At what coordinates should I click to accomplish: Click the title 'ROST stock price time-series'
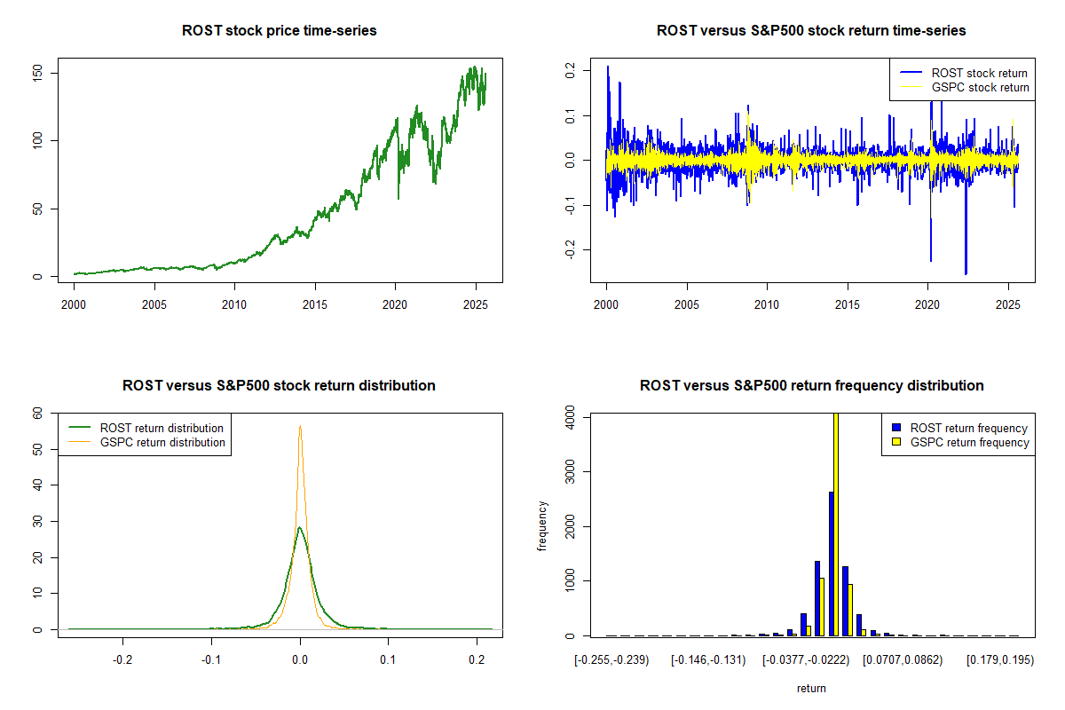pos(279,31)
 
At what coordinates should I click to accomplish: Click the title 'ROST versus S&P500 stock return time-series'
pos(811,31)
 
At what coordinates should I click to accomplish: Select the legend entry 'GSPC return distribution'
pos(162,442)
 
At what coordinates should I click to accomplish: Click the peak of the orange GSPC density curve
pos(300,426)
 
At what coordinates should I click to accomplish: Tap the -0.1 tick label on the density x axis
pos(211,660)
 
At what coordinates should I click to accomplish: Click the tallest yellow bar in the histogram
pos(835,524)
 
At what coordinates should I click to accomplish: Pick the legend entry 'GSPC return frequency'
pos(969,442)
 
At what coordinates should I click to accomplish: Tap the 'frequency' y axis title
pos(542,526)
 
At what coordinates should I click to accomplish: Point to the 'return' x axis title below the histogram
pos(811,688)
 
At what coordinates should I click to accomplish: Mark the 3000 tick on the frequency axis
pos(569,471)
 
